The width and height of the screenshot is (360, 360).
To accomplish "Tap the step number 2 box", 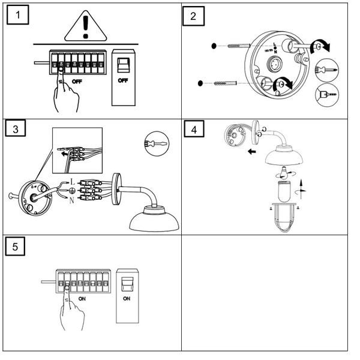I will (x=193, y=16).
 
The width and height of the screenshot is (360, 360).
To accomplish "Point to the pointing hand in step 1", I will (x=68, y=93).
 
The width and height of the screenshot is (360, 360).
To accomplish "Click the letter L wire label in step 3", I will (x=73, y=181).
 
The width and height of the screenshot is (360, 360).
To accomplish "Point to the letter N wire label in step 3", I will (x=73, y=201).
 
